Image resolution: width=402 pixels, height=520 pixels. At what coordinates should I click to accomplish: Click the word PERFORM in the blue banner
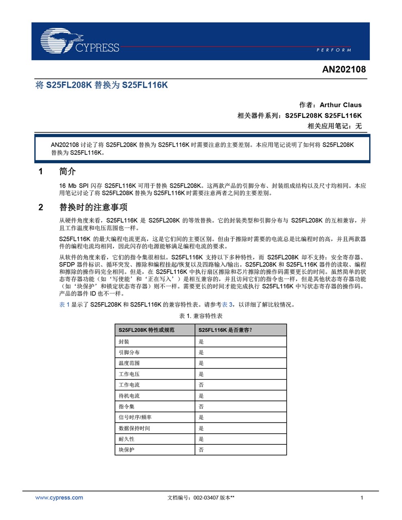(x=333, y=50)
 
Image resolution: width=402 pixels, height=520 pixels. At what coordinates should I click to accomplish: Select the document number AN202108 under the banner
(x=344, y=69)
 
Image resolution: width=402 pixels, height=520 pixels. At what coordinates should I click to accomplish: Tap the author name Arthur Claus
(x=340, y=105)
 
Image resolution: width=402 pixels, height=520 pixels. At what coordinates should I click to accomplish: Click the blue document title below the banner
(x=102, y=85)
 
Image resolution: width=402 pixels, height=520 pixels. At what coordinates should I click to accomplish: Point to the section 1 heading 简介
(x=67, y=171)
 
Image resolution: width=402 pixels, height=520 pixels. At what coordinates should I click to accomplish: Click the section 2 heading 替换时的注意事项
(x=93, y=207)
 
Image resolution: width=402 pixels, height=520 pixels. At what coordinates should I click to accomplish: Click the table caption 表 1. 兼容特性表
(x=201, y=316)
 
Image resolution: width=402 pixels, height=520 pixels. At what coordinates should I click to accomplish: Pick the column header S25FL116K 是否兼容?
(x=225, y=330)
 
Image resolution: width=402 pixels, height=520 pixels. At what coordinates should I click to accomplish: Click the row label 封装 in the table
(x=124, y=342)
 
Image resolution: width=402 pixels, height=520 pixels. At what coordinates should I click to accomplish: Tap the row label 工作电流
(x=129, y=385)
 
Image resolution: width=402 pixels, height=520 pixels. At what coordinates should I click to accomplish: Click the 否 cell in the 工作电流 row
(x=201, y=385)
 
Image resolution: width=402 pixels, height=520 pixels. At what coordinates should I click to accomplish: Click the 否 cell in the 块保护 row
(x=201, y=450)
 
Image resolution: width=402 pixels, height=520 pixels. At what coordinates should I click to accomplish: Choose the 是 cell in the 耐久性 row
(x=201, y=439)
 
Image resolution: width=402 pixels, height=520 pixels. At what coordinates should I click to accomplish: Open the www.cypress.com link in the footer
(x=59, y=498)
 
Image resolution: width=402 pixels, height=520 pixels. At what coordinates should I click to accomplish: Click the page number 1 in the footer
(x=362, y=498)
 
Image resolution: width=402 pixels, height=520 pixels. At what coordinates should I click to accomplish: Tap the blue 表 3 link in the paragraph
(x=227, y=305)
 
